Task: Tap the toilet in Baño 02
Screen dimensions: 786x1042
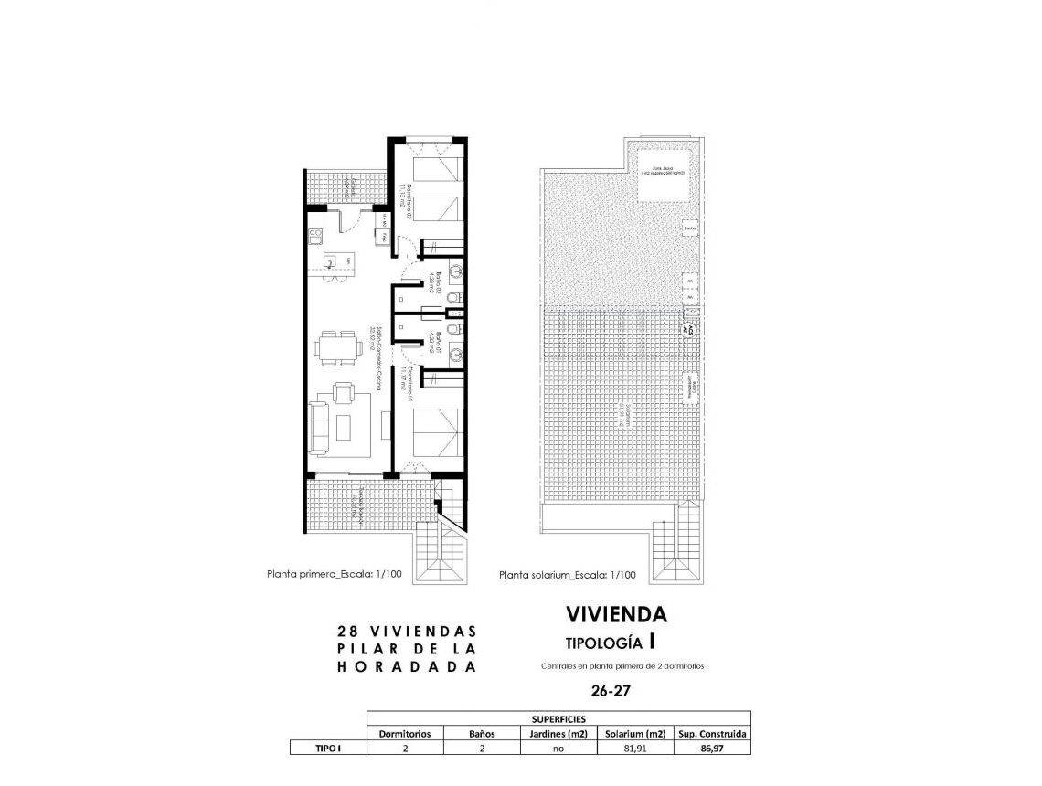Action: click(454, 299)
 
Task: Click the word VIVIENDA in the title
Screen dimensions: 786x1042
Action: click(616, 614)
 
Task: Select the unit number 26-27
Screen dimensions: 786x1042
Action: click(611, 691)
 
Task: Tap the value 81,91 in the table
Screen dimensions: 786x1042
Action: click(633, 748)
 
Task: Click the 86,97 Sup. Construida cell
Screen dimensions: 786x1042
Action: click(712, 748)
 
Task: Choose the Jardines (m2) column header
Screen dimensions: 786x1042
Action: click(557, 733)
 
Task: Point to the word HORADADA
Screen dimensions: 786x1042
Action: click(407, 666)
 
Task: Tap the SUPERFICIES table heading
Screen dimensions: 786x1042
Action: click(558, 718)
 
